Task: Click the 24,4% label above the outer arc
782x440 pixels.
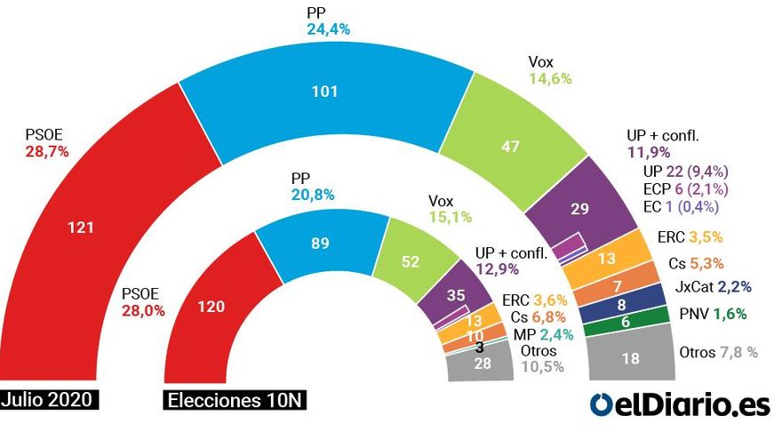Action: (328, 29)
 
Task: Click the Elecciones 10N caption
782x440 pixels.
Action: (235, 401)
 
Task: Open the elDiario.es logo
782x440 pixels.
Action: (679, 404)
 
